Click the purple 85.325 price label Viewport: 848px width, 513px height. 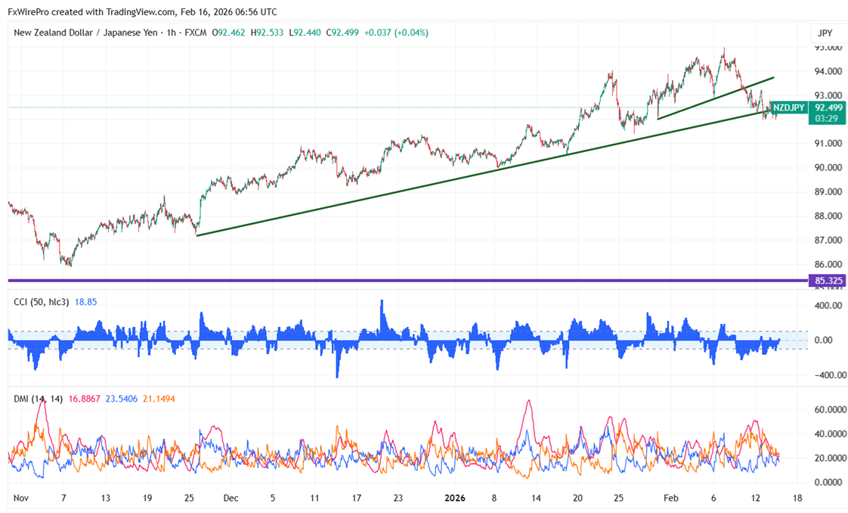(x=829, y=281)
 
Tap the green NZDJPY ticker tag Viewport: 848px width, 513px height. (x=789, y=107)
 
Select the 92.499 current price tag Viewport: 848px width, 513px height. (x=828, y=107)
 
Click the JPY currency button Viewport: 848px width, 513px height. (x=825, y=33)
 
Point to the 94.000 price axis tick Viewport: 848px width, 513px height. (x=828, y=71)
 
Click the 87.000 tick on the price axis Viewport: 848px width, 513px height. (x=828, y=241)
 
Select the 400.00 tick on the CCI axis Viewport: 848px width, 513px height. (x=828, y=306)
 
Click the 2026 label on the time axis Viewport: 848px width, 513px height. (x=454, y=498)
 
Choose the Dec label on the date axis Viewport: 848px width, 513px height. (x=231, y=498)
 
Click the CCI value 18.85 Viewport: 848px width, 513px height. (x=86, y=302)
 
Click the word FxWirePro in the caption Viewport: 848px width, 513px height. (x=32, y=11)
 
